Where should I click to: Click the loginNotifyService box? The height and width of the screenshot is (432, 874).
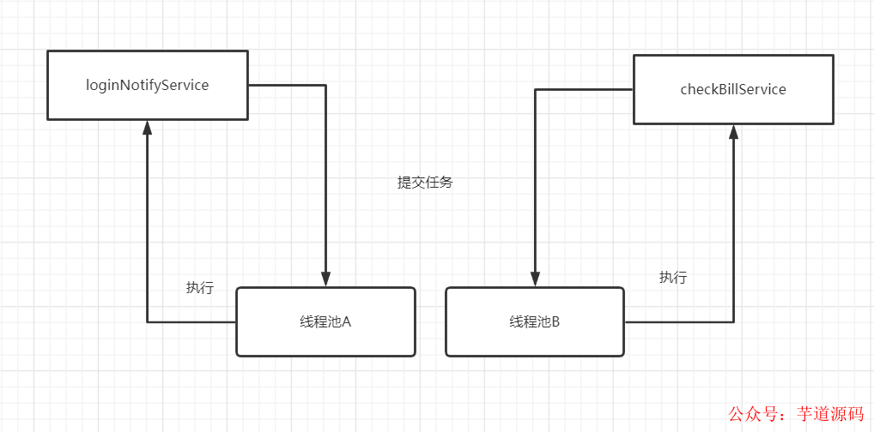(x=147, y=85)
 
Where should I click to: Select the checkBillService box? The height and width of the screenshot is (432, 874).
(x=732, y=89)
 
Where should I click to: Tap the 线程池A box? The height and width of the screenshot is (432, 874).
(x=325, y=321)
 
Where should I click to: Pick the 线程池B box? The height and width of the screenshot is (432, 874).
(x=534, y=321)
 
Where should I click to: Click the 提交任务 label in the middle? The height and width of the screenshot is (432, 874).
(x=424, y=183)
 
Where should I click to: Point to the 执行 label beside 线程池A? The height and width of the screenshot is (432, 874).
(x=199, y=288)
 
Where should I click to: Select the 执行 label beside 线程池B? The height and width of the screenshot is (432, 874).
(x=673, y=278)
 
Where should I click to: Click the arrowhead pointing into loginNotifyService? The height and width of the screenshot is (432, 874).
(x=147, y=128)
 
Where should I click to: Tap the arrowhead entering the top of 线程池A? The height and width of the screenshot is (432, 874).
(x=325, y=279)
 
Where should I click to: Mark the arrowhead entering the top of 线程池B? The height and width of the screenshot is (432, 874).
(x=535, y=279)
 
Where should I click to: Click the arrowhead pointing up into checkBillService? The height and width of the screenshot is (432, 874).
(x=733, y=132)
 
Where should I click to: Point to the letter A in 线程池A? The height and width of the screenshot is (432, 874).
(x=347, y=322)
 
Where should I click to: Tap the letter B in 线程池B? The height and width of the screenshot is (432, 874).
(x=555, y=322)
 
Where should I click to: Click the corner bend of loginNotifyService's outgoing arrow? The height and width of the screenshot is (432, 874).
(x=325, y=85)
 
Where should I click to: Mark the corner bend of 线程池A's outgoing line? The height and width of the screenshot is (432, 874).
(x=147, y=322)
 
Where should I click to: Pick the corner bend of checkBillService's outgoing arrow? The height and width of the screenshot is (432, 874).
(x=535, y=89)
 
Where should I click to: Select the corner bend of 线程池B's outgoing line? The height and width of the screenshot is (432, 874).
(x=733, y=322)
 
